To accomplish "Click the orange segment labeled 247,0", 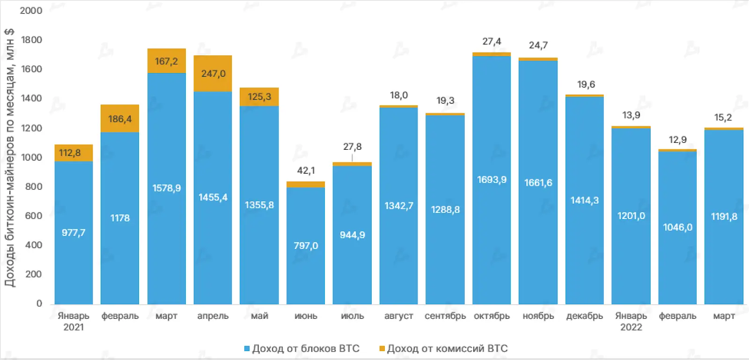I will [213, 73].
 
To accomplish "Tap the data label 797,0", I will [306, 246].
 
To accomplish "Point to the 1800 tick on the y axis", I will [31, 40].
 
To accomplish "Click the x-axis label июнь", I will [306, 316].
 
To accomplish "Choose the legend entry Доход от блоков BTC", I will [302, 349].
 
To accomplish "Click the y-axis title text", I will [9, 157].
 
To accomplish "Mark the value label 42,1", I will [306, 170].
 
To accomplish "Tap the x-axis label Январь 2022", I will [631, 321].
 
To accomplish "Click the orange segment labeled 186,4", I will [120, 118].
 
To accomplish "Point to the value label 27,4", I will [492, 41].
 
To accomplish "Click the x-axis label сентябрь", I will [445, 316].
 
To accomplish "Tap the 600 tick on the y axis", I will [33, 216].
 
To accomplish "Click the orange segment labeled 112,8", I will [73, 153].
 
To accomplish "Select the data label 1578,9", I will [167, 188].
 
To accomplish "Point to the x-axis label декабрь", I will [584, 316].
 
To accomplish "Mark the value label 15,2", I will [723, 118].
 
